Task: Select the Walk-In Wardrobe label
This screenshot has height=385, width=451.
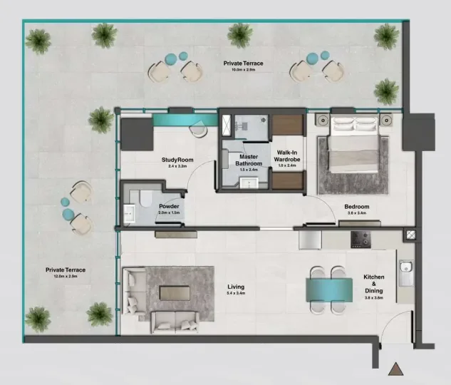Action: click(289, 158)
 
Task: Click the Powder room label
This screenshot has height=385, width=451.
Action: click(169, 207)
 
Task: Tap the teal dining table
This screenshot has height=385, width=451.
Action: click(328, 289)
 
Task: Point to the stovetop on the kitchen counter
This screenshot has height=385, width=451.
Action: click(360, 240)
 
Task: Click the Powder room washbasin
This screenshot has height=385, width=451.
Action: click(130, 212)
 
